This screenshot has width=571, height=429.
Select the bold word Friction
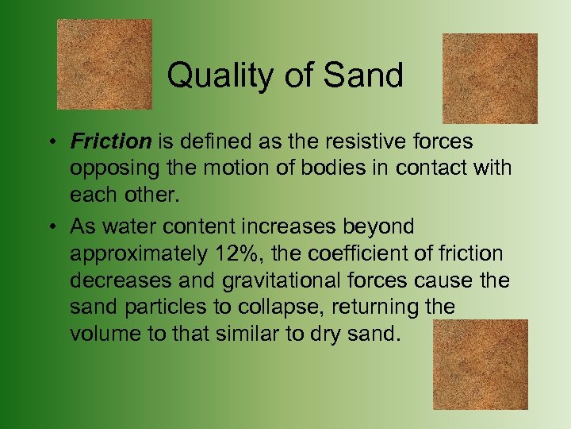(x=110, y=141)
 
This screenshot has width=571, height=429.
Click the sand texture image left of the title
(x=105, y=64)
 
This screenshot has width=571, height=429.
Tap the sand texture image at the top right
(x=489, y=78)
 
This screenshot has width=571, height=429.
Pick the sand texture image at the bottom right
(x=481, y=364)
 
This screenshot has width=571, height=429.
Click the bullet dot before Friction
(x=49, y=143)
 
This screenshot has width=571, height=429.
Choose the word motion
(x=227, y=168)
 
